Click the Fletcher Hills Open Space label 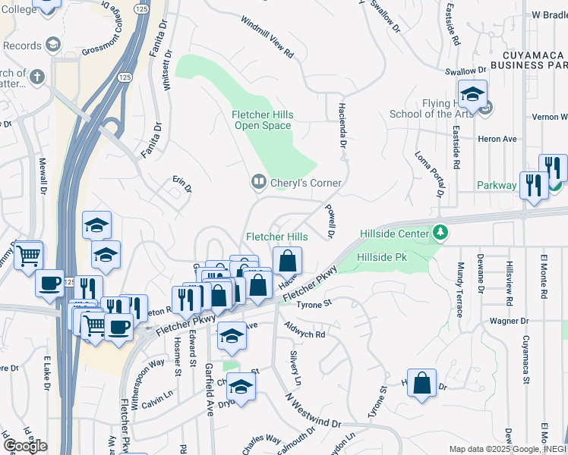[x=262, y=120]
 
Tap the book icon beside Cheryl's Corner [x=258, y=182]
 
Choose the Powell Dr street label [x=330, y=221]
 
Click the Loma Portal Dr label [x=429, y=174]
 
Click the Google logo [x=25, y=446]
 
